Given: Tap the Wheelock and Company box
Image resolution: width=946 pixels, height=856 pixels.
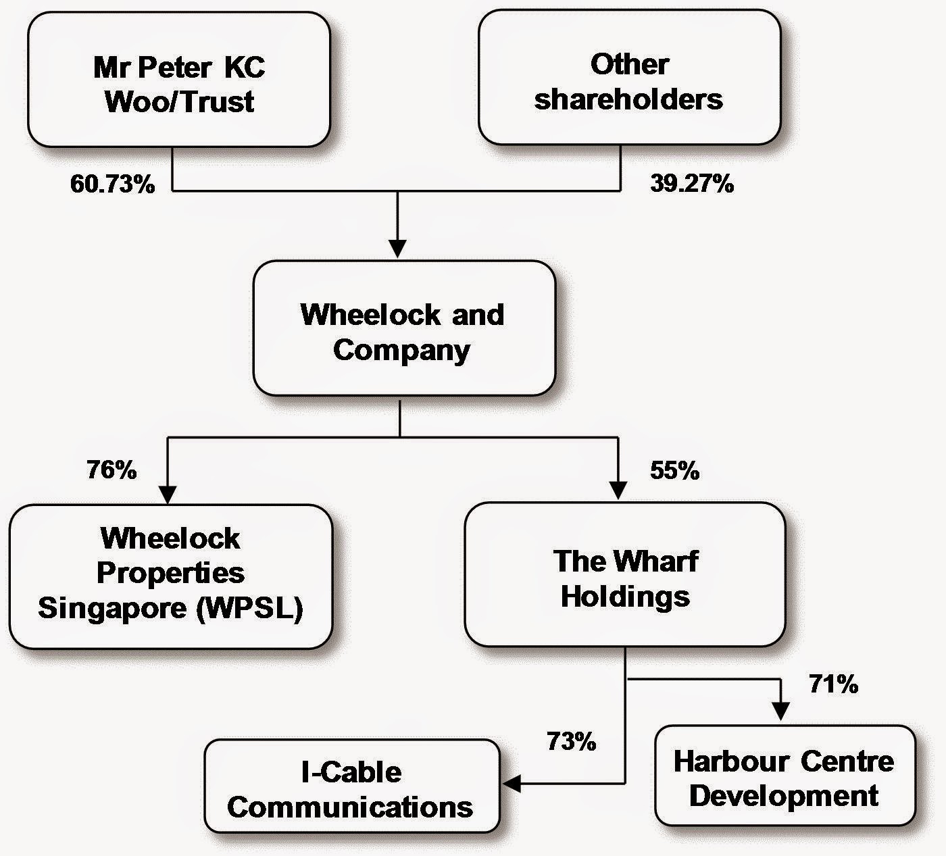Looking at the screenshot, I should coord(403,329).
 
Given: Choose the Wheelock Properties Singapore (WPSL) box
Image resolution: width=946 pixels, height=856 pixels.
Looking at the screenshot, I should coord(170,574).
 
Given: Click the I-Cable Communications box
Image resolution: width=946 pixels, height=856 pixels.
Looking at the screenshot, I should coord(351,787).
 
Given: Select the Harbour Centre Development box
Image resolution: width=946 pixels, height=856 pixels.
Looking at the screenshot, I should coord(785,776).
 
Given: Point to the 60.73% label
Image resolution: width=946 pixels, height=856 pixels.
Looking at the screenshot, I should coord(112,184).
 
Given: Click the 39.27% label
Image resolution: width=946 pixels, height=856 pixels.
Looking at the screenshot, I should coord(692,184).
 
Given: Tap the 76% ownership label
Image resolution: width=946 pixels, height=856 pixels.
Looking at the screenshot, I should coord(111,470).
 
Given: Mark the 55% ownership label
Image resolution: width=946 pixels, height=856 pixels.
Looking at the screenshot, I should coord(674,471).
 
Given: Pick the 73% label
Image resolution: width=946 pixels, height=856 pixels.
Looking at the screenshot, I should coord(572,742).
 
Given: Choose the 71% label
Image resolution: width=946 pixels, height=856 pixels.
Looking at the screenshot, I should coord(833,685).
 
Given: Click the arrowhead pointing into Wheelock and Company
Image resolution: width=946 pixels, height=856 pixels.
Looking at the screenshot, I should coord(398,249).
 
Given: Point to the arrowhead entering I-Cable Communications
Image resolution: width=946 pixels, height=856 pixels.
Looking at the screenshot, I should coord(512,784).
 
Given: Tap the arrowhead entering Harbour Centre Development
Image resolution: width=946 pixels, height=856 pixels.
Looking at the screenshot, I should coord(780,711).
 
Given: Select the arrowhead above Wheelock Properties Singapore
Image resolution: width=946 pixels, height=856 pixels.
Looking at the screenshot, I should coord(167,494).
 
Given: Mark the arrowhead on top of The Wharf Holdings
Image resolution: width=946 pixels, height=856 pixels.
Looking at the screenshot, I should coord(618,490).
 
